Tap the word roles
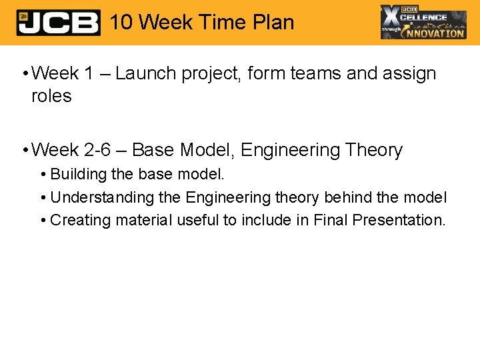point(51,96)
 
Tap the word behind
point(347,197)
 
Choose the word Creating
point(80,220)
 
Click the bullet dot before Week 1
point(23,74)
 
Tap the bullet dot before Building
point(43,175)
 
